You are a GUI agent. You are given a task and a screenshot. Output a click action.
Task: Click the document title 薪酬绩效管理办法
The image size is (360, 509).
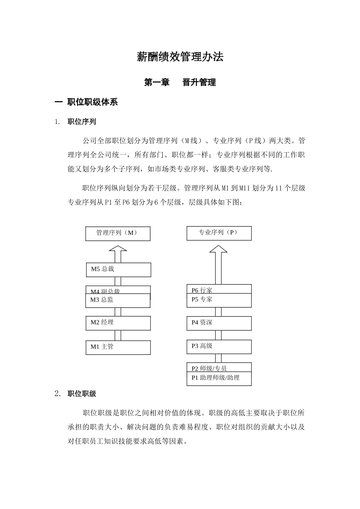tap(180, 57)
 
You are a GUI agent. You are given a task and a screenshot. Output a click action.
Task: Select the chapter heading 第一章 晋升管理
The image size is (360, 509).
tap(180, 82)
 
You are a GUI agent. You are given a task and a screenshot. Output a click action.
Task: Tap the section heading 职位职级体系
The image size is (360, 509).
tap(92, 102)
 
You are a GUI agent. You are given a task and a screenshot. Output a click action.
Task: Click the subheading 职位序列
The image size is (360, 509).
tap(82, 122)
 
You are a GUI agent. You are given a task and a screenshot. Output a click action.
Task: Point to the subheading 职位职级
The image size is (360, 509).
tap(82, 394)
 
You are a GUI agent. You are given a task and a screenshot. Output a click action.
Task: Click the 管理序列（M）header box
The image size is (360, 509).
tap(118, 234)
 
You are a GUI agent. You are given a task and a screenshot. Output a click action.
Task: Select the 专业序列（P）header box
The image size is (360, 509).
tap(219, 233)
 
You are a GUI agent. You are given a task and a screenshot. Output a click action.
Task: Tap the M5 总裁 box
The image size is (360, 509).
tap(118, 270)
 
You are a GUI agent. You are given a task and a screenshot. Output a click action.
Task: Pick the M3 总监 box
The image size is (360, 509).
tap(118, 300)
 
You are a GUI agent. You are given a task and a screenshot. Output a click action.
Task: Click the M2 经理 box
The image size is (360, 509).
tap(118, 323)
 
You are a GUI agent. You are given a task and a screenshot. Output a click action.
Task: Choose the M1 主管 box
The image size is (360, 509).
tap(118, 347)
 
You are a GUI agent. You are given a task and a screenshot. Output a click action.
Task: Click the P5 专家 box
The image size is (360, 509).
tap(219, 300)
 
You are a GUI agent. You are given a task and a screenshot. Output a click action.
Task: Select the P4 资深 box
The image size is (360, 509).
tap(219, 323)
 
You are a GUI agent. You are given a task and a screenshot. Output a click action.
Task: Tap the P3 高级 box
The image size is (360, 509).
tap(219, 347)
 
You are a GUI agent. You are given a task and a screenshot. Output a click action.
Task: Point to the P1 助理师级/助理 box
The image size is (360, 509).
tap(219, 379)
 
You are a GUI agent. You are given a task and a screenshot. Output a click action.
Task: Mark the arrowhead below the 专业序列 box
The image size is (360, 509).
tap(219, 249)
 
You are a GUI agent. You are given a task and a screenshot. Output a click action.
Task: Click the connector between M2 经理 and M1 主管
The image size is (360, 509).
tap(118, 336)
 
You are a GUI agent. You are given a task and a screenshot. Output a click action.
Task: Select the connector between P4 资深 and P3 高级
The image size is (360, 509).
tap(219, 335)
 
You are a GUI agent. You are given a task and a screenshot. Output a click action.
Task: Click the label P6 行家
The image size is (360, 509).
tap(202, 290)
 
